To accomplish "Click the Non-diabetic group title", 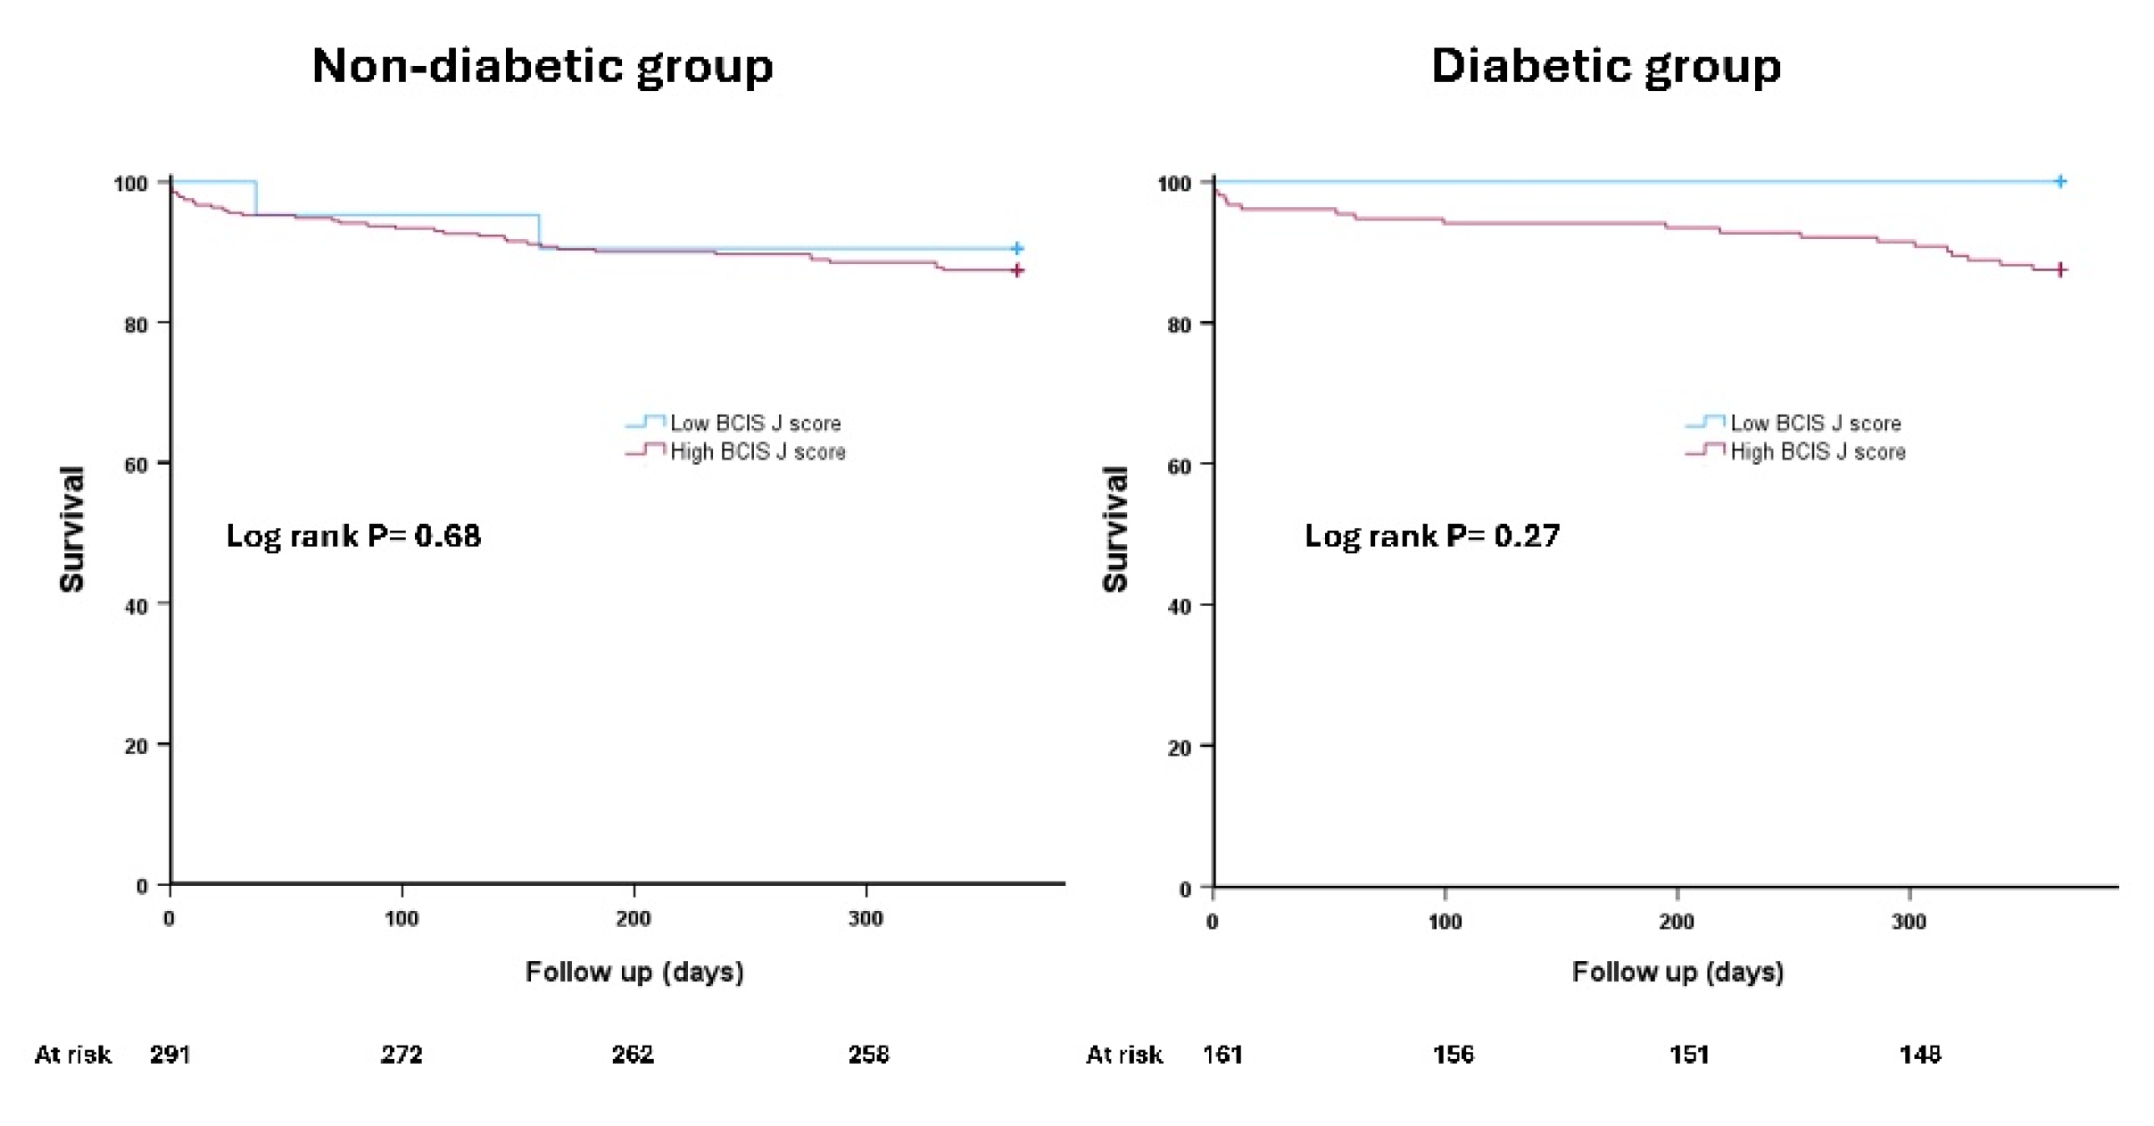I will point(542,66).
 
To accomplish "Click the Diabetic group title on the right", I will point(1605,66).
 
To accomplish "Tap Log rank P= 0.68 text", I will point(353,535).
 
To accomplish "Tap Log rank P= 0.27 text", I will point(1431,535).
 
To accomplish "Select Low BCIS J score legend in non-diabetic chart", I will point(755,423).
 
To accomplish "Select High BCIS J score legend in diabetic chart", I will point(1817,451).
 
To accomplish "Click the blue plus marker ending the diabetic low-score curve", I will point(2059,181).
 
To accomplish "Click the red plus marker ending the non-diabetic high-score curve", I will point(1017,270).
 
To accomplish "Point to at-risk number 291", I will point(170,1055).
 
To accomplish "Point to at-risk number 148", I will point(1919,1055).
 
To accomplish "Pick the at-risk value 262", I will point(633,1055).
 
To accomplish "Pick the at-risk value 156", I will point(1453,1055).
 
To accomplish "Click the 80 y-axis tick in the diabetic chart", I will point(1179,325).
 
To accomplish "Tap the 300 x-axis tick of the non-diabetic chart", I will point(866,919).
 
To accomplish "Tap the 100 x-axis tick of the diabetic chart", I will point(1445,922).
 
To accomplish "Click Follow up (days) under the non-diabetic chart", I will point(634,972).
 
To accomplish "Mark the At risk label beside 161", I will point(1123,1055).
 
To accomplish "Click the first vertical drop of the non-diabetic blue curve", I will point(257,198).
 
